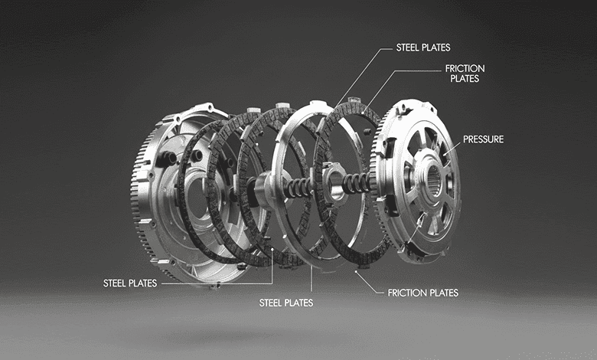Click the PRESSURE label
(483, 139)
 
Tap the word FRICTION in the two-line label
(465, 69)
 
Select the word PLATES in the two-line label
(465, 78)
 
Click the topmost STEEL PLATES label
(423, 47)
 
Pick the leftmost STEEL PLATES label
(130, 283)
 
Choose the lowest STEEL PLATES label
(286, 303)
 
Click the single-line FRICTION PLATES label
(423, 293)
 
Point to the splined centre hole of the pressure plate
(434, 178)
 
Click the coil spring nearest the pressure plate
(356, 183)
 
